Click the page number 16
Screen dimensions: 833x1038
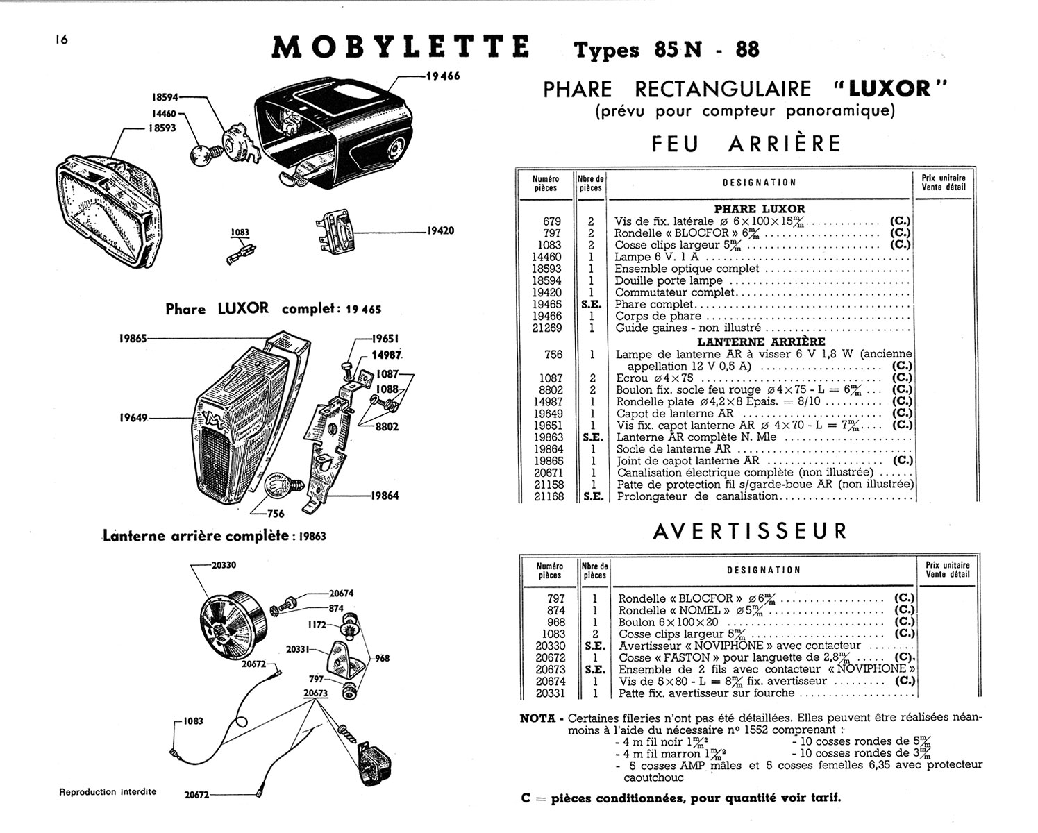[x=61, y=40]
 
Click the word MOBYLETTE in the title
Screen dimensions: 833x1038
[x=401, y=47]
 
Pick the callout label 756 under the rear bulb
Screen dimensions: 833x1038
[x=276, y=514]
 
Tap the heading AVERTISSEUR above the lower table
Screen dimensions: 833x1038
[x=750, y=531]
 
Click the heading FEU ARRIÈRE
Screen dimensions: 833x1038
[x=746, y=144]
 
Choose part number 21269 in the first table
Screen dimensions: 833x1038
[x=546, y=328]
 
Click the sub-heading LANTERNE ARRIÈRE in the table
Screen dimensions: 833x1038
[x=761, y=342]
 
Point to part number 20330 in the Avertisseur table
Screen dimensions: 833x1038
[x=551, y=646]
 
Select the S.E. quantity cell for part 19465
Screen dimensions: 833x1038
[x=592, y=304]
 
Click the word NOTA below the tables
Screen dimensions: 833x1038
[x=537, y=718]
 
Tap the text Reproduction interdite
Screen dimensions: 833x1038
[x=108, y=791]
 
